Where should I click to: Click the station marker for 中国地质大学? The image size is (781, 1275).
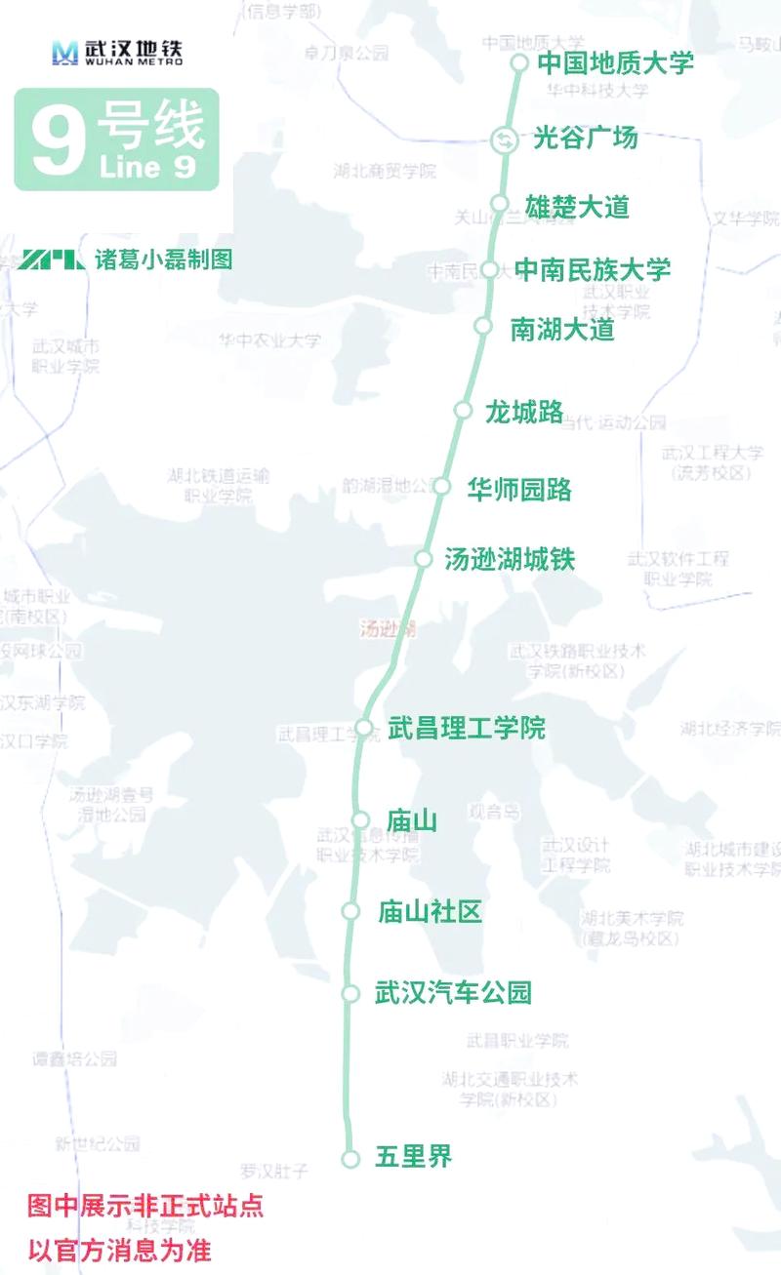pyautogui.click(x=519, y=63)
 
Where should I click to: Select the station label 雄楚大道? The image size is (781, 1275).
pyautogui.click(x=578, y=207)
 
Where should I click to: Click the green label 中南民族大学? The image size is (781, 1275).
pyautogui.click(x=593, y=269)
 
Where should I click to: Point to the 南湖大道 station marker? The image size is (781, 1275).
pyautogui.click(x=482, y=325)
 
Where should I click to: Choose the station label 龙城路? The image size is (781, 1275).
pyautogui.click(x=524, y=413)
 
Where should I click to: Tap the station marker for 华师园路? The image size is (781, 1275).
pyautogui.click(x=442, y=486)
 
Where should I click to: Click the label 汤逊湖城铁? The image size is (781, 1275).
pyautogui.click(x=510, y=560)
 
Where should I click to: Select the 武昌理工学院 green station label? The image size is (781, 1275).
pyautogui.click(x=467, y=728)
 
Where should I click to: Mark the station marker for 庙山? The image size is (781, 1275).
pyautogui.click(x=360, y=820)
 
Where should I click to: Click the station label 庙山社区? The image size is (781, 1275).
pyautogui.click(x=431, y=912)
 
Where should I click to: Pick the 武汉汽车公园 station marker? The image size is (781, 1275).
pyautogui.click(x=350, y=993)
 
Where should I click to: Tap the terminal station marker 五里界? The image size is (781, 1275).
pyautogui.click(x=350, y=1159)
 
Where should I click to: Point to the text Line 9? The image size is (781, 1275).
pyautogui.click(x=147, y=168)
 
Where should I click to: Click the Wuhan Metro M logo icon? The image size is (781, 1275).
pyautogui.click(x=64, y=53)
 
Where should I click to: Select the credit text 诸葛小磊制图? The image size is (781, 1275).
pyautogui.click(x=163, y=260)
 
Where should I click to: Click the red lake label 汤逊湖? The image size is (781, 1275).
pyautogui.click(x=388, y=629)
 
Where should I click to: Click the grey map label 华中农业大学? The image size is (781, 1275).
pyautogui.click(x=268, y=340)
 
